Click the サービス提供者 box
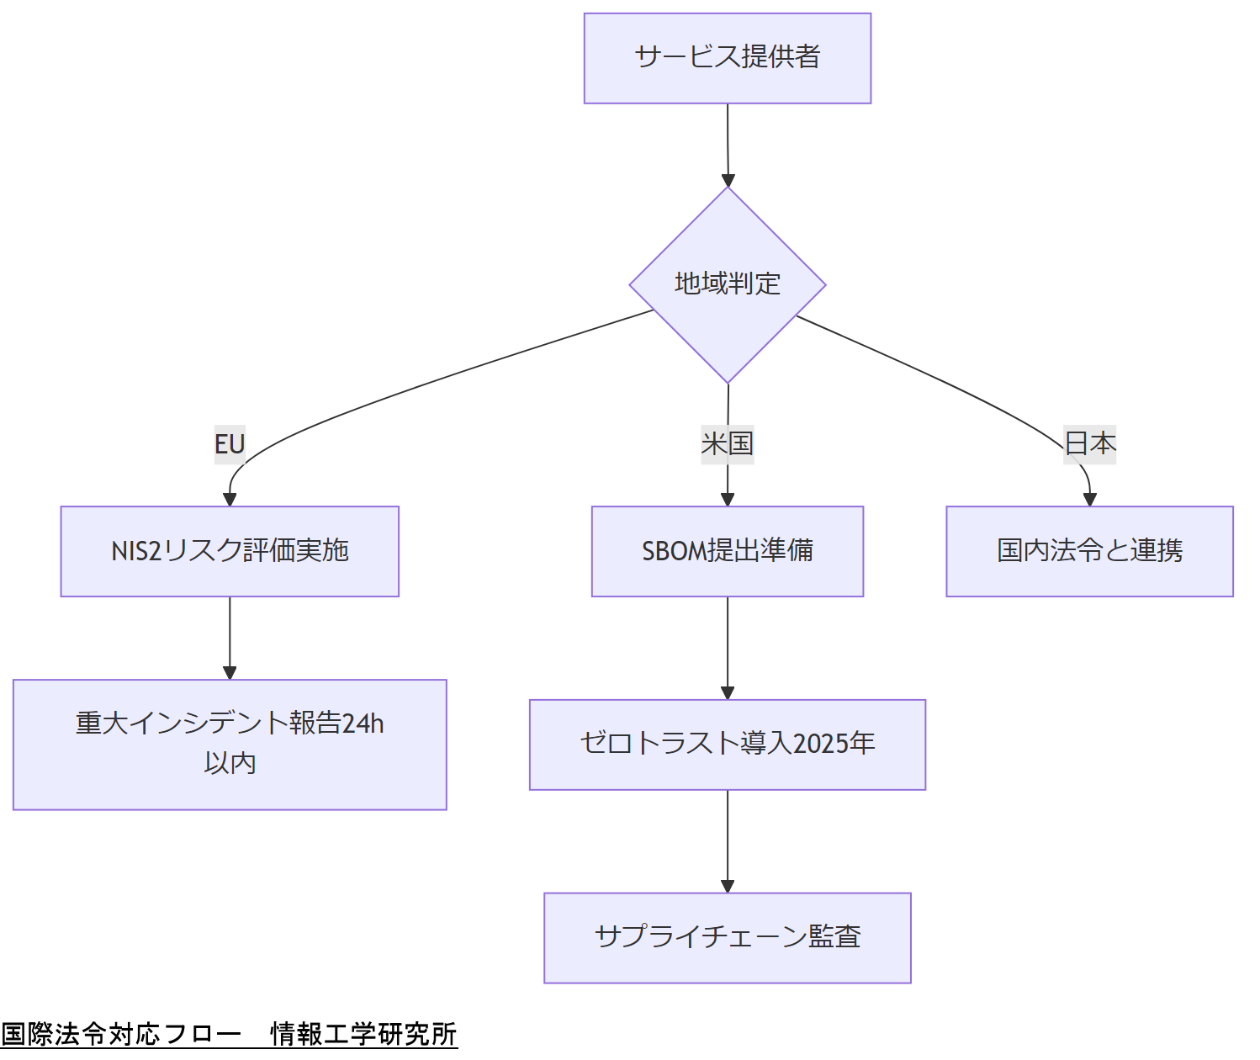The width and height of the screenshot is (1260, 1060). pos(727,58)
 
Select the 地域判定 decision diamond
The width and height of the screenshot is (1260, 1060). pos(727,284)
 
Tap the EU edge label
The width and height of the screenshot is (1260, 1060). pos(229,443)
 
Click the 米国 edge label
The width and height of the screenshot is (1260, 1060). pos(727,443)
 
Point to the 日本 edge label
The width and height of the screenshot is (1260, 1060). pos(1089,443)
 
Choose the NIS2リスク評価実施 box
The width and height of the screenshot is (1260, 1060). pos(229,551)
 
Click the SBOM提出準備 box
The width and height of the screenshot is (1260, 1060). pos(727,551)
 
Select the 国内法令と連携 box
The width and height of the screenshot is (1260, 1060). pos(1089,551)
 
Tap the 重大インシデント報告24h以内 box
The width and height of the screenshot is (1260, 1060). pos(229,744)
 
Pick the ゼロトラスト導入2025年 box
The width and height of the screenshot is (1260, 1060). pos(727,744)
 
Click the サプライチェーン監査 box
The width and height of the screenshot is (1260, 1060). pos(727,937)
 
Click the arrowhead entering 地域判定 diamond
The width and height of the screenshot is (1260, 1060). pos(728,180)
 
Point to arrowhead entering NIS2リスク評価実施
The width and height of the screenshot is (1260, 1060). pos(230,499)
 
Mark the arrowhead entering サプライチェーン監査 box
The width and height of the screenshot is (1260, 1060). pos(728,886)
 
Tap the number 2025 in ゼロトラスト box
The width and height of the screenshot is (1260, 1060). pos(820,744)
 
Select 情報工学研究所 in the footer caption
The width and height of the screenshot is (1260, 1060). pos(363,1034)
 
